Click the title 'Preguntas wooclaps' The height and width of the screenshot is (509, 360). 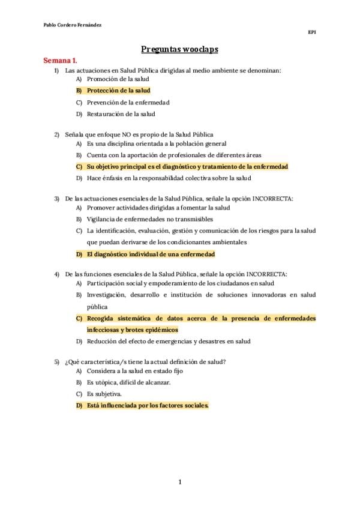180,50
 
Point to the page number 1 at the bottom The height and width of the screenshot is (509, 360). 180,482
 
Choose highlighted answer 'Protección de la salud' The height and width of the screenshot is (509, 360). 118,91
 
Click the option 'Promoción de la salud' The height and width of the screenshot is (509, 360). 118,79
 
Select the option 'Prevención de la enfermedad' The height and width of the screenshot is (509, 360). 128,103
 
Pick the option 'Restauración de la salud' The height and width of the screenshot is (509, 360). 121,114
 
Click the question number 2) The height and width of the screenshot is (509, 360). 57,134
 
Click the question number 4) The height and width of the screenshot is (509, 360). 57,274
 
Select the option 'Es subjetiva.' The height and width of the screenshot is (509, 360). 104,394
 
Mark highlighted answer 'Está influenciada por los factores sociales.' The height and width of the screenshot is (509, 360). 148,406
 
